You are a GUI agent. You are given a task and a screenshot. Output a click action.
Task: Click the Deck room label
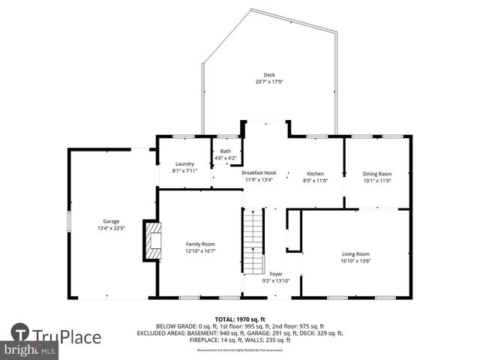pyautogui.click(x=268, y=75)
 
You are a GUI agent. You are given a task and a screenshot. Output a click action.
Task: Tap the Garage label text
pyautogui.click(x=111, y=221)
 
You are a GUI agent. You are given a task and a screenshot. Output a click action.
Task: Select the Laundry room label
pyautogui.click(x=184, y=164)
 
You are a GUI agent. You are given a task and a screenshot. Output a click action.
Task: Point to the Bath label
pyautogui.click(x=225, y=151)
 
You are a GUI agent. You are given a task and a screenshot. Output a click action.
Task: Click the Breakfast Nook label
pyautogui.click(x=259, y=173)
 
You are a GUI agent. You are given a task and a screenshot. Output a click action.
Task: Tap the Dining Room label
pyautogui.click(x=377, y=173)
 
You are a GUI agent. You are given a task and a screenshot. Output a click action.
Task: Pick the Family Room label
pyautogui.click(x=200, y=244)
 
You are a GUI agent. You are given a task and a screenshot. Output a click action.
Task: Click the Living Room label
pyautogui.click(x=356, y=254)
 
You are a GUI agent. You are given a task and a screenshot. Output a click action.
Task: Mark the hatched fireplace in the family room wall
pyautogui.click(x=153, y=239)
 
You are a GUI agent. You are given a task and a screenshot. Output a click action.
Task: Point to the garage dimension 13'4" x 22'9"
pyautogui.click(x=111, y=228)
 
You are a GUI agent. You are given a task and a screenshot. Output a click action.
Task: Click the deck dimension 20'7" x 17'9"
pyautogui.click(x=268, y=82)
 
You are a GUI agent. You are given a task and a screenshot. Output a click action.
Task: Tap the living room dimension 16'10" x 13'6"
pyautogui.click(x=356, y=261)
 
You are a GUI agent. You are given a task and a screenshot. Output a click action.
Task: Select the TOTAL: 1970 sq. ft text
pyautogui.click(x=239, y=319)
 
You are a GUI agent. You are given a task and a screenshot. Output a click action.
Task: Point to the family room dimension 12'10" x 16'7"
pyautogui.click(x=200, y=250)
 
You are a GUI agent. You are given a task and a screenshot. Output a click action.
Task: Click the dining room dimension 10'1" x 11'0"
pyautogui.click(x=377, y=180)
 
